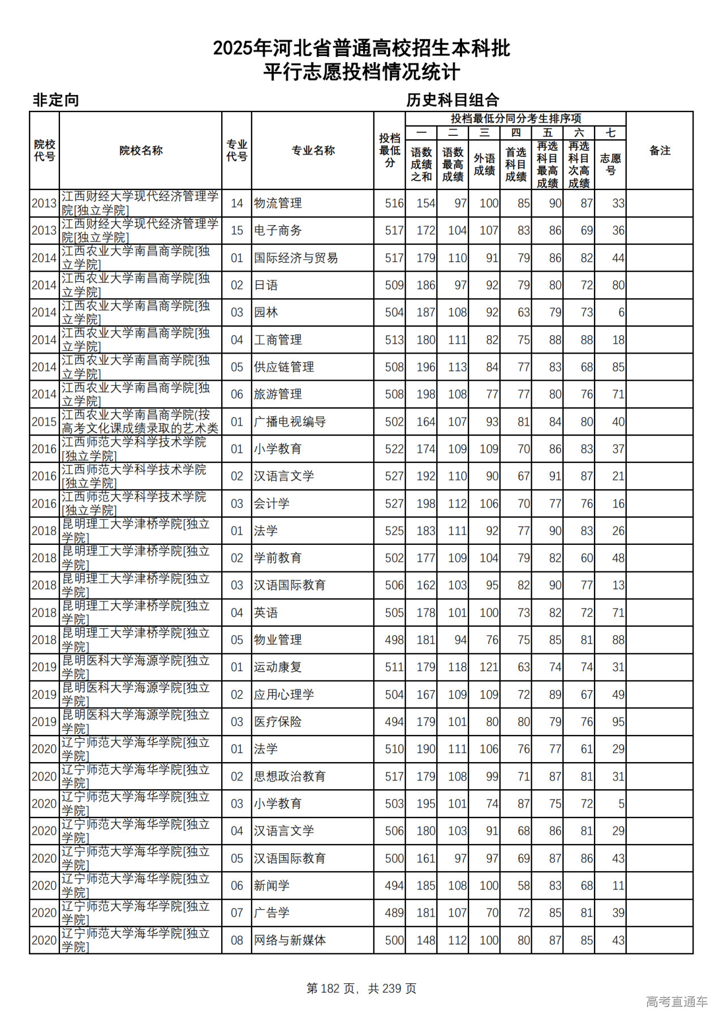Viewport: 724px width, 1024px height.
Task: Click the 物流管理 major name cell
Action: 278,203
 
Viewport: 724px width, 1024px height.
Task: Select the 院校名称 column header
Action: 141,150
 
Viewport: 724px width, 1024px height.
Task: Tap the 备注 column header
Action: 660,150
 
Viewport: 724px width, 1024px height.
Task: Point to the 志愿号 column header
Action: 610,164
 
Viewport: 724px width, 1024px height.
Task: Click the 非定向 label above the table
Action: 55,100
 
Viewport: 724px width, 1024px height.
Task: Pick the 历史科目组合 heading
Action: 453,100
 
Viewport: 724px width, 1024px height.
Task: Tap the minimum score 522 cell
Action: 394,449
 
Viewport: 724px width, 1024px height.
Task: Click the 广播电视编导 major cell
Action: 290,422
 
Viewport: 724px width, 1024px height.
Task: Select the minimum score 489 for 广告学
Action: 394,913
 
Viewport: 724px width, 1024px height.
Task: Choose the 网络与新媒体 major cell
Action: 290,940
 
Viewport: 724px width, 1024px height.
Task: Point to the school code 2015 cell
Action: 44,422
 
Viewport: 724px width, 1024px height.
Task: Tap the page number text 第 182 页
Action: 330,988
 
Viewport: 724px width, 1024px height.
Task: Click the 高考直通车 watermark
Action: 676,1001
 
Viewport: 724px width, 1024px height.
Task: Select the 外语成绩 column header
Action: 484,164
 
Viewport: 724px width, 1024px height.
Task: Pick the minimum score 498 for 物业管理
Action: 394,640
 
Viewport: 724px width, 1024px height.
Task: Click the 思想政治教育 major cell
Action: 290,776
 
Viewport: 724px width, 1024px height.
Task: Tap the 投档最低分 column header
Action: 390,150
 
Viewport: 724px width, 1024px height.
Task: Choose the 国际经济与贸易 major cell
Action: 296,258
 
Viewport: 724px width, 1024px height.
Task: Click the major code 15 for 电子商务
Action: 236,231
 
